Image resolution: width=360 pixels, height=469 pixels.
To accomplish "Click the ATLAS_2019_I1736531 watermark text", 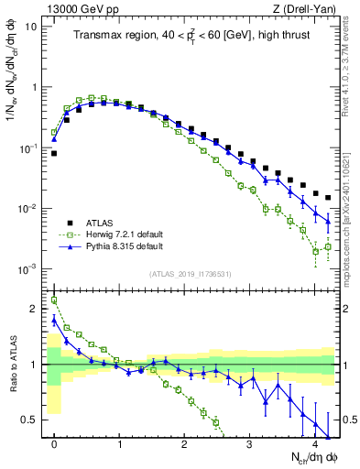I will point(189,274).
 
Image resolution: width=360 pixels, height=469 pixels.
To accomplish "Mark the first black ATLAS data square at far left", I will point(54,153).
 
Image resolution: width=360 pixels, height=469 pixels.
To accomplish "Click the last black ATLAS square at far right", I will point(328,196).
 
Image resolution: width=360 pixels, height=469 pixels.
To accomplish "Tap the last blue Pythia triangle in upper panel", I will point(328,220).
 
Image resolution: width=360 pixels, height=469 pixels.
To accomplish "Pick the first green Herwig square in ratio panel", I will point(54,300).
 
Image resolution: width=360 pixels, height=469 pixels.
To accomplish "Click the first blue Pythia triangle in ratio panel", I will point(54,321).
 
